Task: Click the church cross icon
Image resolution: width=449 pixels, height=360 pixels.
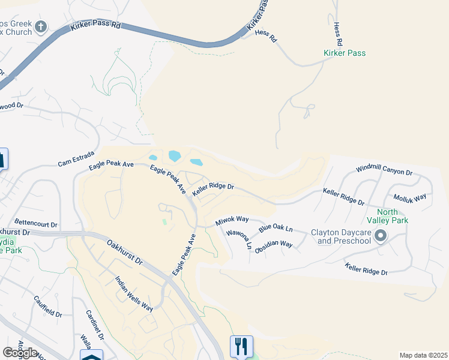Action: [41, 26]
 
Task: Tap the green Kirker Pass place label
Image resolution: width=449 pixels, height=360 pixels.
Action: [344, 53]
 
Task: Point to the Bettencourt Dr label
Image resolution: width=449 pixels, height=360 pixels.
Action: [36, 225]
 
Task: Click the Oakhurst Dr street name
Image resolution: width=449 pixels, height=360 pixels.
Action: [125, 253]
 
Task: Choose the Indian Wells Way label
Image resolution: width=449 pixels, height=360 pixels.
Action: [134, 293]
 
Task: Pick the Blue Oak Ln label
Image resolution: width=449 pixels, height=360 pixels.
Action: [276, 229]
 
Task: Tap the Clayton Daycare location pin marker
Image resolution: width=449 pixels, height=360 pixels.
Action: [380, 236]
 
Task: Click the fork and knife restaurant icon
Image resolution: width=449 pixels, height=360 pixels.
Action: [241, 346]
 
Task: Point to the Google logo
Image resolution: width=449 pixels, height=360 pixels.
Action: [20, 353]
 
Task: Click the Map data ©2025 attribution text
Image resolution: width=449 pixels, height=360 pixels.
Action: [423, 355]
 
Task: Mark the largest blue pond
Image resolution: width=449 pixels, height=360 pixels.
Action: [175, 156]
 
